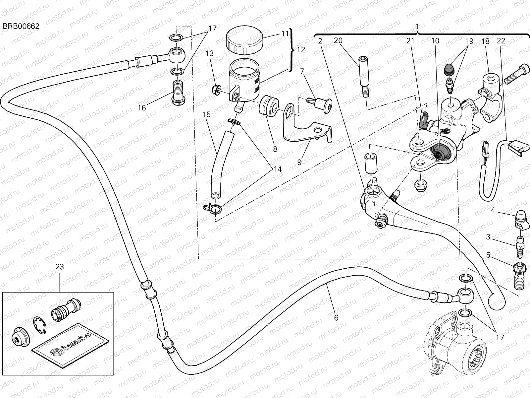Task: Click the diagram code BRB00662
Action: click(21, 27)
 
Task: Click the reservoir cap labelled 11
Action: click(244, 41)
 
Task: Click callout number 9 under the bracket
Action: click(299, 162)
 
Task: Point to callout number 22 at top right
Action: click(501, 41)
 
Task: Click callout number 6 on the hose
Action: click(336, 318)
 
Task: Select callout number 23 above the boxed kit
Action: click(60, 267)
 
